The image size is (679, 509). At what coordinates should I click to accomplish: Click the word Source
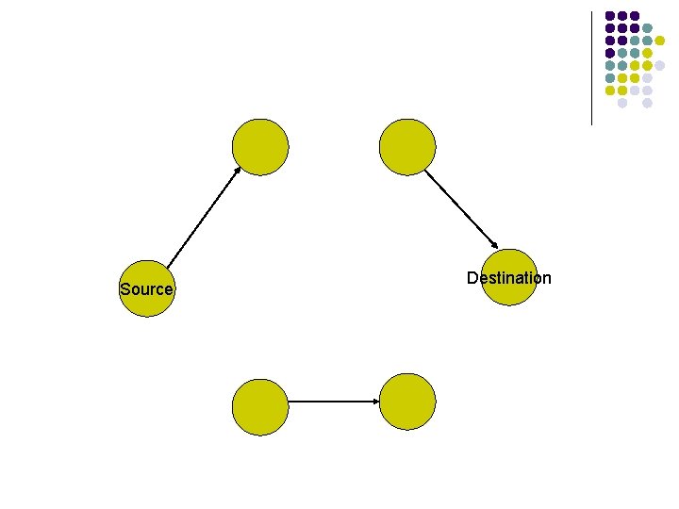coord(146,289)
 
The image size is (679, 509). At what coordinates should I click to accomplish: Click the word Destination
coord(509,278)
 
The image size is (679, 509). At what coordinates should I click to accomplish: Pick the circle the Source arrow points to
coord(260,147)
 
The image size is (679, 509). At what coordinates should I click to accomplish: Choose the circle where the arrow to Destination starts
coord(406,147)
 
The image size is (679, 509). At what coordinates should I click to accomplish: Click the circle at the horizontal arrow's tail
coord(260,407)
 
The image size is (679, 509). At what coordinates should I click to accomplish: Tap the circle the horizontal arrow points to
coord(406,401)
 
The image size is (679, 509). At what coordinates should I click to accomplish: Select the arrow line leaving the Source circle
coord(202,218)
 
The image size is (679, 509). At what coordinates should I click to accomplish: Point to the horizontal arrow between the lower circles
coord(330,402)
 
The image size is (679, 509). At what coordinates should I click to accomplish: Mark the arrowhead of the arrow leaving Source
coord(237,170)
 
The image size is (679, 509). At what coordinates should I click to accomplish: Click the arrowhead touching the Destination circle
coord(494,247)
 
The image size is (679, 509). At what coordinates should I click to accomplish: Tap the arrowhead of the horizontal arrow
coord(376,402)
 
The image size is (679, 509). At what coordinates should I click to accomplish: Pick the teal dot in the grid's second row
coord(648,28)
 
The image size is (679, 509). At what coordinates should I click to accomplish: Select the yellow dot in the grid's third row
coord(660,41)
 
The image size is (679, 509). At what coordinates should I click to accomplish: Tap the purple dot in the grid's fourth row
coord(610,53)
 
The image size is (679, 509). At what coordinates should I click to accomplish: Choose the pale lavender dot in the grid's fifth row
coord(660,65)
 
